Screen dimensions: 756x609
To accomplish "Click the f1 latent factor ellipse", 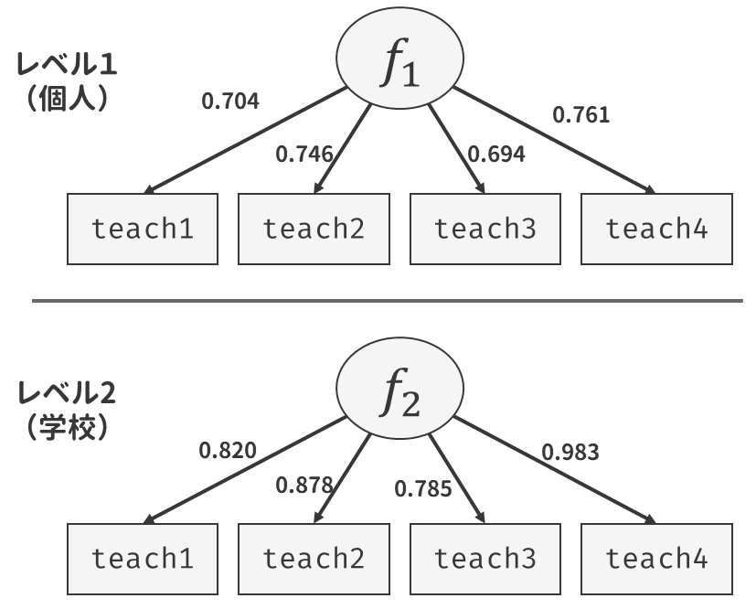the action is pyautogui.click(x=399, y=58).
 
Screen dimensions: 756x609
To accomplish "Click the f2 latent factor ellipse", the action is pyautogui.click(x=399, y=388).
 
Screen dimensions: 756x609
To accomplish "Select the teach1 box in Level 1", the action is pyautogui.click(x=143, y=229).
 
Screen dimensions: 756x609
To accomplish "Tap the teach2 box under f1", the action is pyautogui.click(x=314, y=229).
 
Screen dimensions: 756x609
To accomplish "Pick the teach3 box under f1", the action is pyautogui.click(x=485, y=229).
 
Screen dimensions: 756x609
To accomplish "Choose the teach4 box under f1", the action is pyautogui.click(x=656, y=229).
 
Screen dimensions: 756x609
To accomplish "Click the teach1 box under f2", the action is pyautogui.click(x=143, y=559).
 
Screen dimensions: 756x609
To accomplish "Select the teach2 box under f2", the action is pyautogui.click(x=314, y=559).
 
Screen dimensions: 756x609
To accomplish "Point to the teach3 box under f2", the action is pyautogui.click(x=485, y=559).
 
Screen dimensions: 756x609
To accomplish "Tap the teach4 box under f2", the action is pyautogui.click(x=656, y=559).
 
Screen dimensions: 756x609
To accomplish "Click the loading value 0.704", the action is pyautogui.click(x=230, y=101).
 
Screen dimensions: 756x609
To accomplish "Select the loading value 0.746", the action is pyautogui.click(x=304, y=155).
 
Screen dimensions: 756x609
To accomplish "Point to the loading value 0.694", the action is pyautogui.click(x=496, y=155).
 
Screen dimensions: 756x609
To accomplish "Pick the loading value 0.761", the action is pyautogui.click(x=581, y=115).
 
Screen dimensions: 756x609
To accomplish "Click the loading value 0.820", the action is pyautogui.click(x=228, y=451).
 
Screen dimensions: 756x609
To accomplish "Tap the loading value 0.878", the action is pyautogui.click(x=304, y=485).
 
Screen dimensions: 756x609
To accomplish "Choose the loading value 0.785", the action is pyautogui.click(x=423, y=489).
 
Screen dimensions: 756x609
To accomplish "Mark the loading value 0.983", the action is pyautogui.click(x=570, y=453).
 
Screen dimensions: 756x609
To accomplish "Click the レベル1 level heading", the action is pyautogui.click(x=67, y=64).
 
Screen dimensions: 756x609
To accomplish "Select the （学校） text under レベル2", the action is pyautogui.click(x=67, y=427).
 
